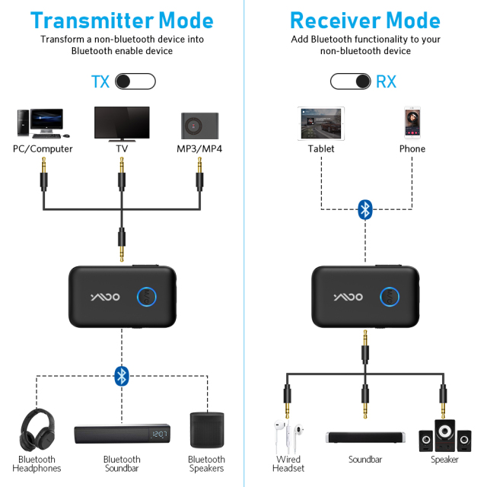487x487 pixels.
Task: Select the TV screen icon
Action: click(x=121, y=121)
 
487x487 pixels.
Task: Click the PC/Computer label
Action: click(x=43, y=149)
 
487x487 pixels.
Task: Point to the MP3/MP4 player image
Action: click(x=199, y=125)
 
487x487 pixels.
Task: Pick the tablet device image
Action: click(x=321, y=122)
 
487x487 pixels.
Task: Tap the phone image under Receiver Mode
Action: click(x=412, y=123)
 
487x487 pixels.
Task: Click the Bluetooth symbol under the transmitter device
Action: click(x=121, y=375)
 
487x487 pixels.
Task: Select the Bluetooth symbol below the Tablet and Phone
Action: click(x=366, y=209)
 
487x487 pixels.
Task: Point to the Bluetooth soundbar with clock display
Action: click(x=122, y=435)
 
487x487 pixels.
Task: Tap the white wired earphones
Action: click(x=288, y=435)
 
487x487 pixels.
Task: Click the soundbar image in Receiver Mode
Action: click(x=365, y=438)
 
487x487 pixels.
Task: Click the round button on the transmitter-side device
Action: click(x=147, y=296)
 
